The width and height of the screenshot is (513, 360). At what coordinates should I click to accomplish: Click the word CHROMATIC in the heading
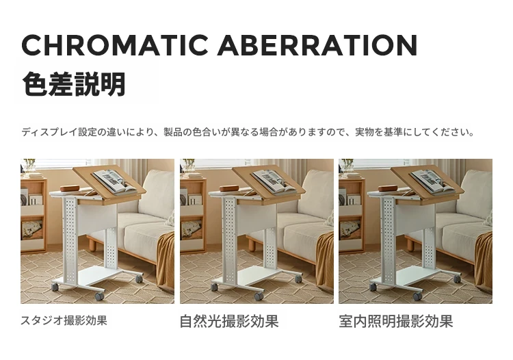tap(114, 45)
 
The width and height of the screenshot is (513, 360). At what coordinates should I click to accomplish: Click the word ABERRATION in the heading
tap(317, 45)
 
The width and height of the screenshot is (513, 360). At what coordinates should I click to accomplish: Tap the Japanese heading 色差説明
tap(74, 84)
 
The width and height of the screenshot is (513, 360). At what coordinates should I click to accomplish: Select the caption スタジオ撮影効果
tap(64, 320)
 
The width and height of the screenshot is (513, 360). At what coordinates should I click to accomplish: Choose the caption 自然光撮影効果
tap(229, 321)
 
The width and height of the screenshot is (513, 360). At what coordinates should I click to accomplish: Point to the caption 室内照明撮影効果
tap(396, 321)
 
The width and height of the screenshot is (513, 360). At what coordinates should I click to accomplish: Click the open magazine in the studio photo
tap(114, 181)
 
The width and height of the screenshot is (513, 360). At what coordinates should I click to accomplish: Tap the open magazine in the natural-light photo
tap(274, 181)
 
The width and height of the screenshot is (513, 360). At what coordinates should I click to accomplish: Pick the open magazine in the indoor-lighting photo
tap(433, 181)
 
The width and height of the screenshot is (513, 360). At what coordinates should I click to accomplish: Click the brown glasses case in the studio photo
tap(70, 188)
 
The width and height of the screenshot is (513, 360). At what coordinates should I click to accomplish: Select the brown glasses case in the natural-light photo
tap(229, 188)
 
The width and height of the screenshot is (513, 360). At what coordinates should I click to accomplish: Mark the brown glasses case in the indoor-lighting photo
tap(388, 188)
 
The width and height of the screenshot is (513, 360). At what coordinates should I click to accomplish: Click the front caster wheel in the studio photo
tap(99, 296)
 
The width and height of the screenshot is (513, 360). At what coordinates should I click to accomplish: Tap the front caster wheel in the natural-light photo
tap(259, 296)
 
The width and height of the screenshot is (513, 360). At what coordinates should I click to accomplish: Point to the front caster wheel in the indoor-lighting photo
tap(417, 296)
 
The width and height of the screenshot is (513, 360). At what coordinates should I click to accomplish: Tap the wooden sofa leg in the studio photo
tap(92, 244)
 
